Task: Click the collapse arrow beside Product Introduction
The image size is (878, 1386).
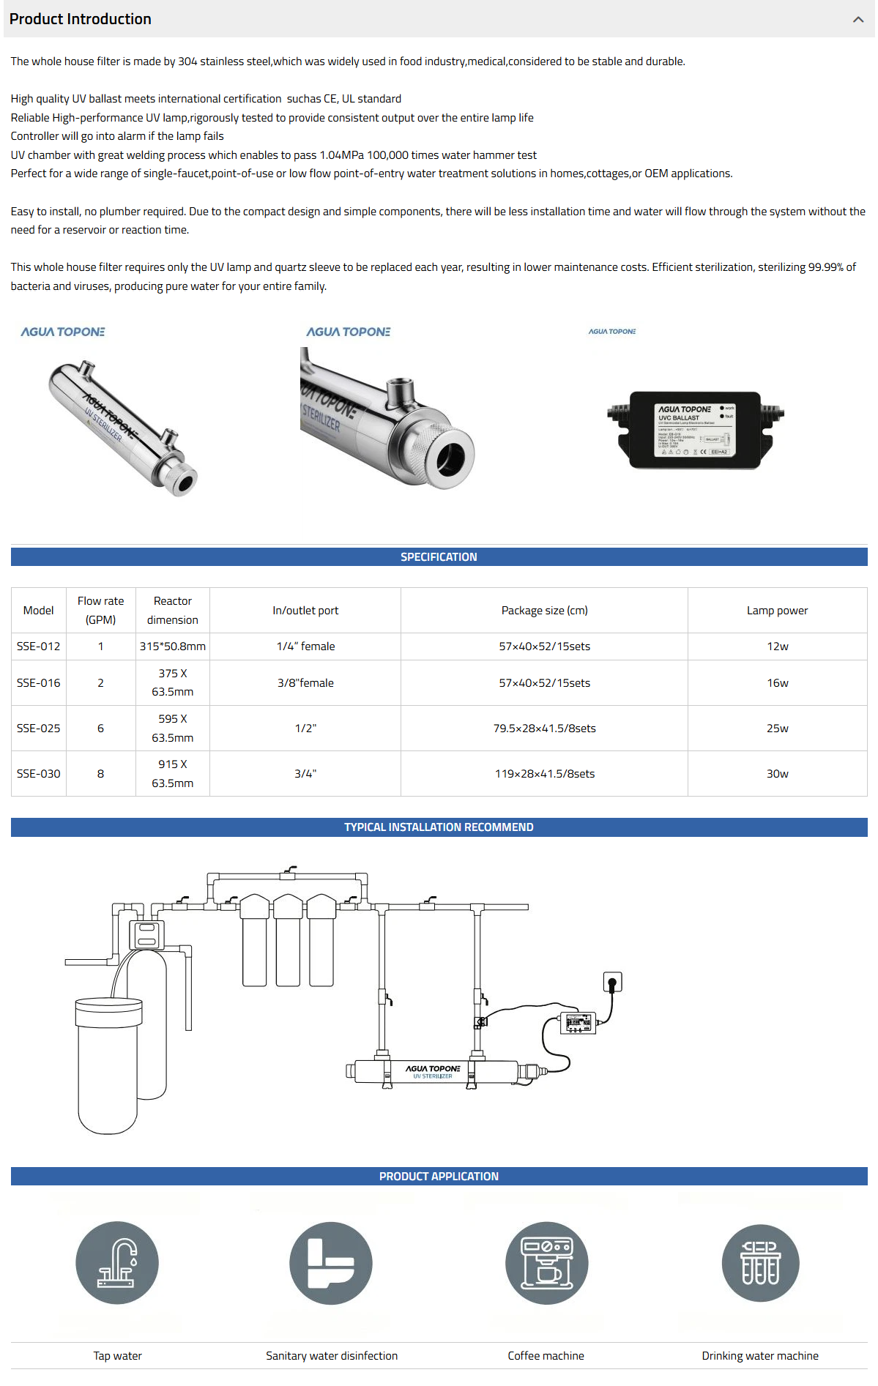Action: coord(857,20)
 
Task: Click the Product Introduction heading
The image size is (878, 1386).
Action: coord(81,19)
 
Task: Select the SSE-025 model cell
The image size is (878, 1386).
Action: coord(39,729)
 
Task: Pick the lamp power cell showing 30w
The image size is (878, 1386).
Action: coord(777,774)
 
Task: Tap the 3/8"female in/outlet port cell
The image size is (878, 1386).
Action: coord(305,683)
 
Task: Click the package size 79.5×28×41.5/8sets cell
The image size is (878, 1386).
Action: coord(544,729)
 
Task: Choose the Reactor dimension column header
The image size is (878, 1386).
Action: coord(172,610)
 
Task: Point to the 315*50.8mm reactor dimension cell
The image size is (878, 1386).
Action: coord(172,647)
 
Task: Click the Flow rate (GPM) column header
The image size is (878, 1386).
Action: coord(100,610)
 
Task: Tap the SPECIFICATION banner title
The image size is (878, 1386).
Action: coord(439,557)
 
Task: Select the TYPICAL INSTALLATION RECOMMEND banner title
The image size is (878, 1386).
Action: coord(439,827)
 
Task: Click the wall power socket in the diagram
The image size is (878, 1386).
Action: coord(612,982)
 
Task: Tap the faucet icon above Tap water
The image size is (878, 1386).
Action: coord(117,1263)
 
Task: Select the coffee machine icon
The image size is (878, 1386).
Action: coord(546,1263)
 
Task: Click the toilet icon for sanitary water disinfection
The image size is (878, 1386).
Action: coord(331,1263)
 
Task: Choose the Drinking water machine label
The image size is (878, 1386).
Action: coord(760,1356)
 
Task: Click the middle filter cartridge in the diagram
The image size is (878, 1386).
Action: coord(288,941)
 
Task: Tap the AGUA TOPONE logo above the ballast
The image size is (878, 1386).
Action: coord(612,332)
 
